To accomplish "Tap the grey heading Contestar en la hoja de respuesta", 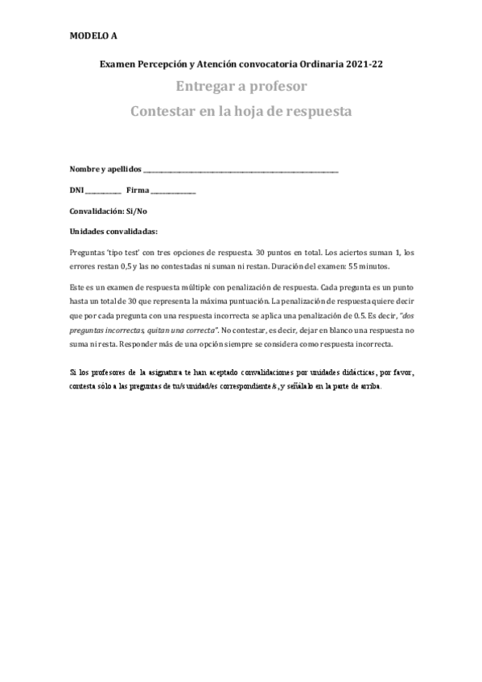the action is (241, 111).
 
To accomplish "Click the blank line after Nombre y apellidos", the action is (241, 170).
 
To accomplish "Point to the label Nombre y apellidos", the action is (105, 169).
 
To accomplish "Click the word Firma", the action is (138, 190).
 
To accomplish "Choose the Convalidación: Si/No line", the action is (109, 211).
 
